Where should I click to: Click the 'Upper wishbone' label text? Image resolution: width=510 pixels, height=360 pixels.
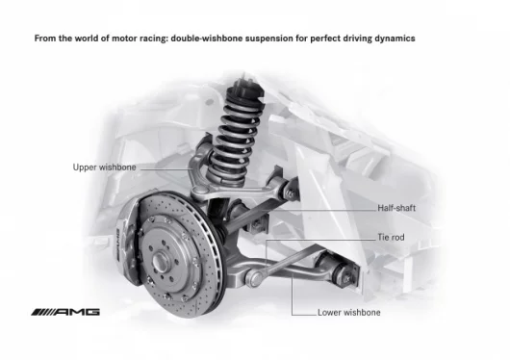[105, 167]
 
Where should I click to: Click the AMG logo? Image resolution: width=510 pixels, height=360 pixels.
[64, 313]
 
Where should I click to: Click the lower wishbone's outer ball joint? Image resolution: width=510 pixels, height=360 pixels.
[255, 280]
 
